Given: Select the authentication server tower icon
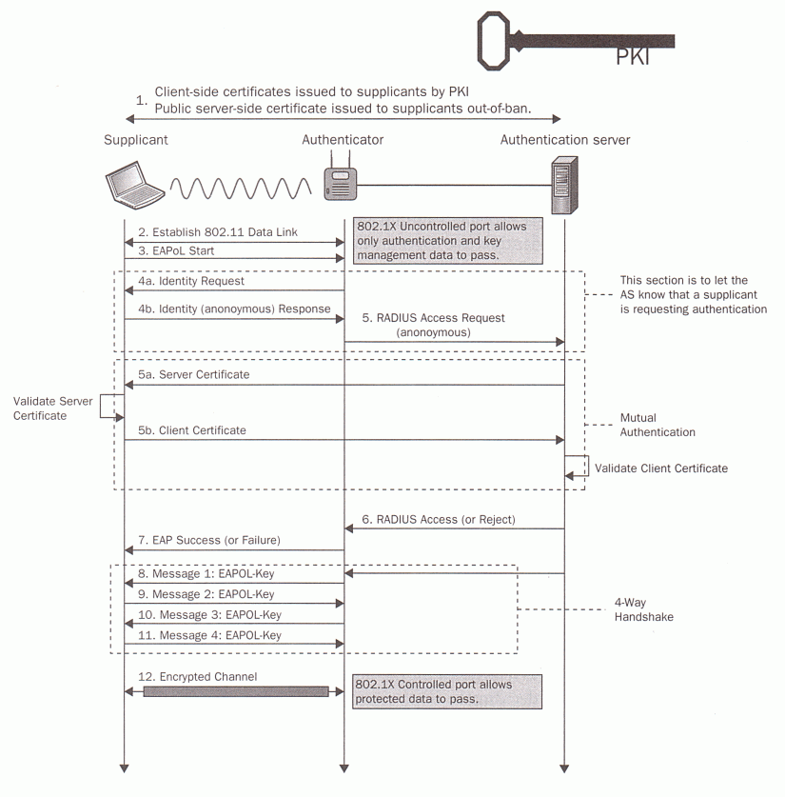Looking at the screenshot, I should coord(564,186).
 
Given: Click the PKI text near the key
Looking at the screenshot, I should coord(633,59).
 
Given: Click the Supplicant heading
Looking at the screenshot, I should coord(136,140).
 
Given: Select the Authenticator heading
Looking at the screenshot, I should coord(343,140).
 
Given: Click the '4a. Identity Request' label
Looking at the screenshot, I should coord(190,282).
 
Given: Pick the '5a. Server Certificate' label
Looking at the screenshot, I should coord(194,375).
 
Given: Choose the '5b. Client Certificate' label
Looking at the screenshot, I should coord(192,430).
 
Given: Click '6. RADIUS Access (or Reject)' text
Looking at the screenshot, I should coord(441,520).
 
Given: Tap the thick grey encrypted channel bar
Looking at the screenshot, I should coord(235,692).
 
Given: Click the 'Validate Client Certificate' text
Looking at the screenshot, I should coord(660,468).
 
